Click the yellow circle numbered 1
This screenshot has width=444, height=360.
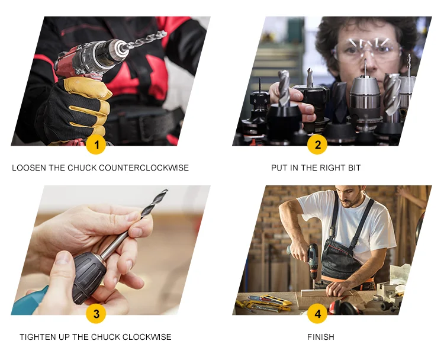96,144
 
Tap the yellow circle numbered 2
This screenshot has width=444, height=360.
317,144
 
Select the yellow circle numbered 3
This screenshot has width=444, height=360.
96,314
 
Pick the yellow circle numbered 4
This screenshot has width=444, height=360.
317,314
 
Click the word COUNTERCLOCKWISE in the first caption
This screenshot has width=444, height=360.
144,168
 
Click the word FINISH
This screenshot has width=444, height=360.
321,337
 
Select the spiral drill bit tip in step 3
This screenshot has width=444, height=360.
155,203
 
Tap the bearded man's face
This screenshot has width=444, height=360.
351,196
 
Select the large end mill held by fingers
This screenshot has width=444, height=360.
284,88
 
